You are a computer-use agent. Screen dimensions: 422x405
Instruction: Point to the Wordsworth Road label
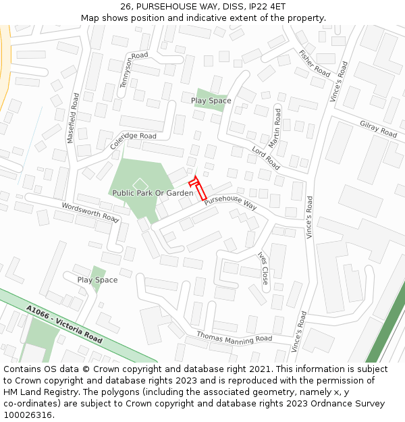(90, 213)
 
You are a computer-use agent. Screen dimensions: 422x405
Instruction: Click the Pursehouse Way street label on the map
(231, 201)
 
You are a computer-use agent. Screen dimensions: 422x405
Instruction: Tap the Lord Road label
(265, 158)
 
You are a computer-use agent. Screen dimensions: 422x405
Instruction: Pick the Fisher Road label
(315, 63)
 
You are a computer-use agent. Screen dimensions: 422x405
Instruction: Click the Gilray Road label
(378, 129)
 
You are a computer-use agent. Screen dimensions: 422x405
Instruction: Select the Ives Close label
(263, 268)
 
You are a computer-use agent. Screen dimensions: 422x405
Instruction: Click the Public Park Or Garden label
(153, 192)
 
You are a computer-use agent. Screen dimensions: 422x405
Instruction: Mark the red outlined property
(200, 188)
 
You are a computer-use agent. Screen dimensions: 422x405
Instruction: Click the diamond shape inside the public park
(140, 184)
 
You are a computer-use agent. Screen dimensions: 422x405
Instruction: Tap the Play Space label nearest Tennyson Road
(211, 101)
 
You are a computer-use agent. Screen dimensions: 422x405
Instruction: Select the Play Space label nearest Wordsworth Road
(97, 280)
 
